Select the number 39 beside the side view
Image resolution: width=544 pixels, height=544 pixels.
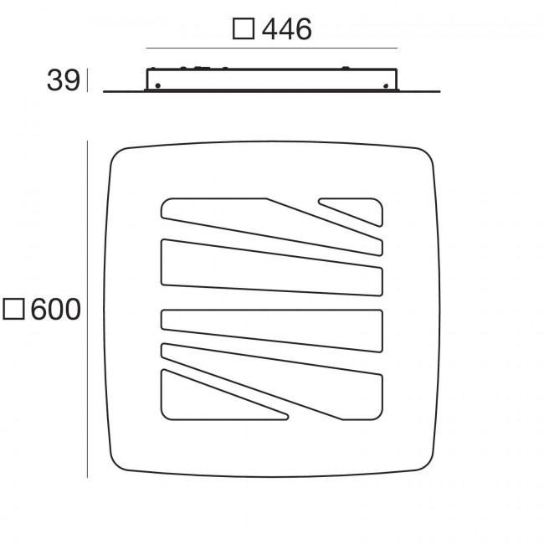(x=64, y=81)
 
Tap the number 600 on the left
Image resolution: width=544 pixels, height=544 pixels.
(x=55, y=310)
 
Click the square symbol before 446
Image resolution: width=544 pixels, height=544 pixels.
(x=243, y=30)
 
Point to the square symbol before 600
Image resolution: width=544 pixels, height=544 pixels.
(x=14, y=310)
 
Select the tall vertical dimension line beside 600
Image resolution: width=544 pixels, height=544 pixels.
(x=88, y=310)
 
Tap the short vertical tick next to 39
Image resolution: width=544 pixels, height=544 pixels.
(x=88, y=81)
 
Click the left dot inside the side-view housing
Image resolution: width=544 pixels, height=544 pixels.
(x=158, y=84)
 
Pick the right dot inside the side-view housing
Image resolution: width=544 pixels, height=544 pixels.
(x=385, y=84)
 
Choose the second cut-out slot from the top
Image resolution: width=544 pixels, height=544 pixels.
(x=268, y=268)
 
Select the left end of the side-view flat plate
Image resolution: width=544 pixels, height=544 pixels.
(x=105, y=90)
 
